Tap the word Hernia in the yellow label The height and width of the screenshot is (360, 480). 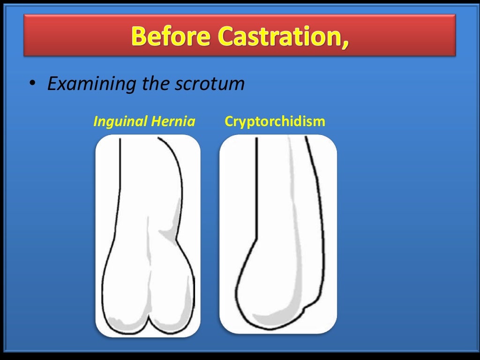pos(172,122)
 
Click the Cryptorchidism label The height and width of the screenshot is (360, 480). pos(275,122)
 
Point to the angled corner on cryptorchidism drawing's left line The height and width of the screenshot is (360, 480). pos(256,237)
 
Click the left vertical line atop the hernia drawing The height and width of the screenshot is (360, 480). pos(120,178)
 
